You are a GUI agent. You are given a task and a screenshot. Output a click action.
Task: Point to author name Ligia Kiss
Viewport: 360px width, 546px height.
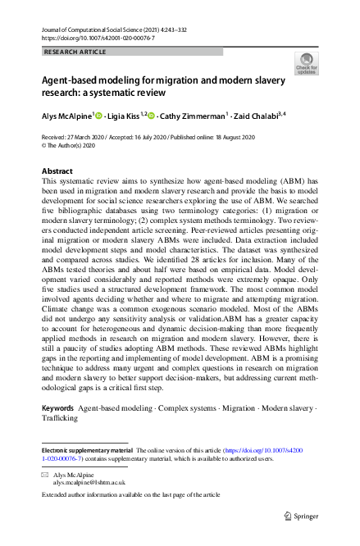click(x=122, y=117)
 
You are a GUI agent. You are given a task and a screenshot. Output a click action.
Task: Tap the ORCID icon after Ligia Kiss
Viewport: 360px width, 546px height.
click(x=151, y=117)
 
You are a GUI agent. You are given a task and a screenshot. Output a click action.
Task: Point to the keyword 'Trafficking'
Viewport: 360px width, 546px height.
click(x=60, y=418)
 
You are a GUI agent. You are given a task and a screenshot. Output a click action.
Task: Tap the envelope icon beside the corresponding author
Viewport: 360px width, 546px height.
click(x=45, y=475)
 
